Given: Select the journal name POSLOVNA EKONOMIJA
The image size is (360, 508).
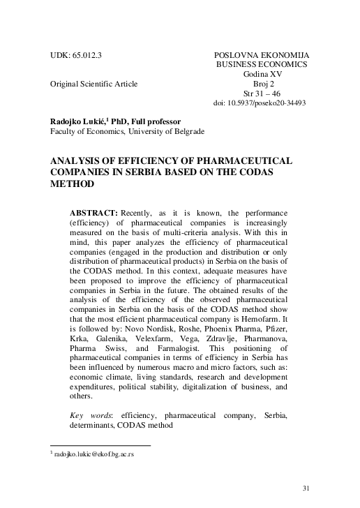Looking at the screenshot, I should pos(262,53).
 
